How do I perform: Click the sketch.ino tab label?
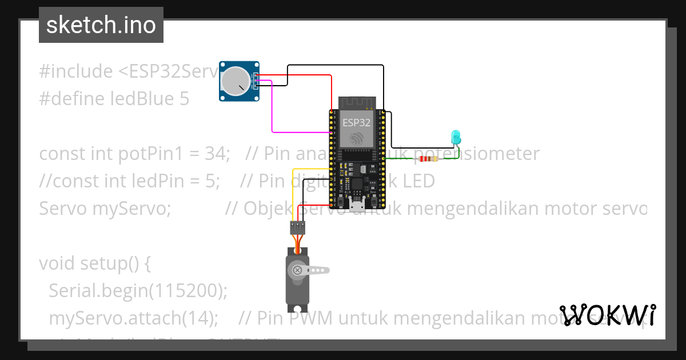[x=101, y=25]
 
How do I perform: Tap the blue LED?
[x=456, y=137]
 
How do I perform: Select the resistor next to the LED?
[x=428, y=159]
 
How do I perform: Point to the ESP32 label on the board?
[x=356, y=122]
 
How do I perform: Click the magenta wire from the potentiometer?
[x=272, y=114]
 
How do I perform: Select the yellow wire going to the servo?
[x=293, y=189]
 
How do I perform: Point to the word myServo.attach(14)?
[x=133, y=318]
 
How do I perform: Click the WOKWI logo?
[x=607, y=315]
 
